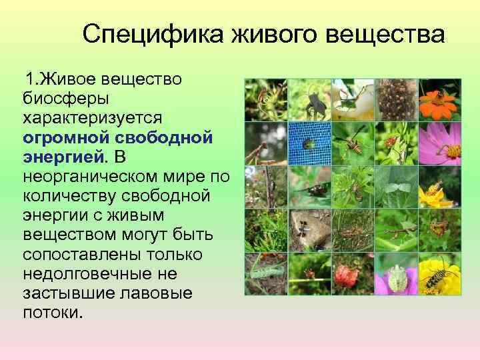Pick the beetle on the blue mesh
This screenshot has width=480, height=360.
point(309,143)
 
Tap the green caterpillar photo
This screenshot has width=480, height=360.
point(266,274)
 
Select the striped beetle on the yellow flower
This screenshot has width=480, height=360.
point(439,274)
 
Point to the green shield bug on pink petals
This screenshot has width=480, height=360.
point(396,274)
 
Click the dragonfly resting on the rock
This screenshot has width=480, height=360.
point(309,230)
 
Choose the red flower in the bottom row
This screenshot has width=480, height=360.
point(353,274)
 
